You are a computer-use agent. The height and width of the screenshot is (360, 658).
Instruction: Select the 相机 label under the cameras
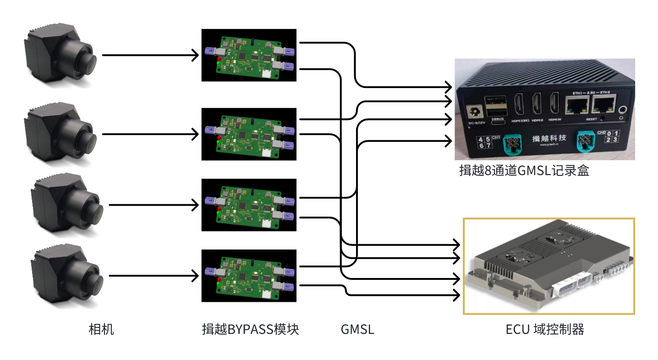point(101,329)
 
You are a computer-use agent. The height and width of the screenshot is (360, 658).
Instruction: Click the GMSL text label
point(357,329)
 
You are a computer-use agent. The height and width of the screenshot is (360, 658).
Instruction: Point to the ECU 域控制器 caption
point(545,329)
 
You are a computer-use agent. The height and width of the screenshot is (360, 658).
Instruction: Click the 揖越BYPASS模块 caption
point(250,329)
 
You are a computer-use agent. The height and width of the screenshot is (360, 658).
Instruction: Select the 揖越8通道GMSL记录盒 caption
point(524,171)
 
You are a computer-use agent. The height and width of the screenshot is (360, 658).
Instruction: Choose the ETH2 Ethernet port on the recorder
point(603,106)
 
